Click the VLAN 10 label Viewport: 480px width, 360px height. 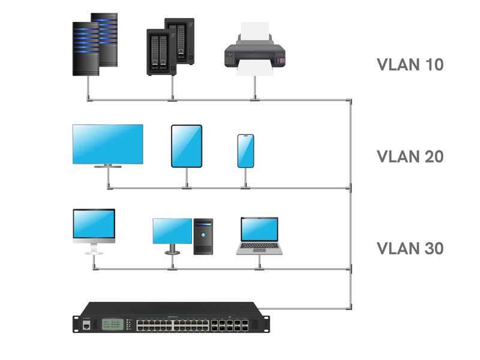coord(410,65)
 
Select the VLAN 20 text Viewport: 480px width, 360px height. coord(410,157)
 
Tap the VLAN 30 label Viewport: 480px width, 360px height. coord(410,248)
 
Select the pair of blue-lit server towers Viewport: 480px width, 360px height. coord(94,45)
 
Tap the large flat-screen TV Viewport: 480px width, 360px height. coord(107,144)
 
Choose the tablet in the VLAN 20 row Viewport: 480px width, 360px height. coord(187,146)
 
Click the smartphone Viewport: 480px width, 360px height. coord(245,151)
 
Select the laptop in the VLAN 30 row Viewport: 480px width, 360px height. coord(259,236)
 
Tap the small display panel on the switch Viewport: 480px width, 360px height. coord(112,325)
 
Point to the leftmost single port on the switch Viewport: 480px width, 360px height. coord(88,325)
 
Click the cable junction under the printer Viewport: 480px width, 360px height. coord(256,100)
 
